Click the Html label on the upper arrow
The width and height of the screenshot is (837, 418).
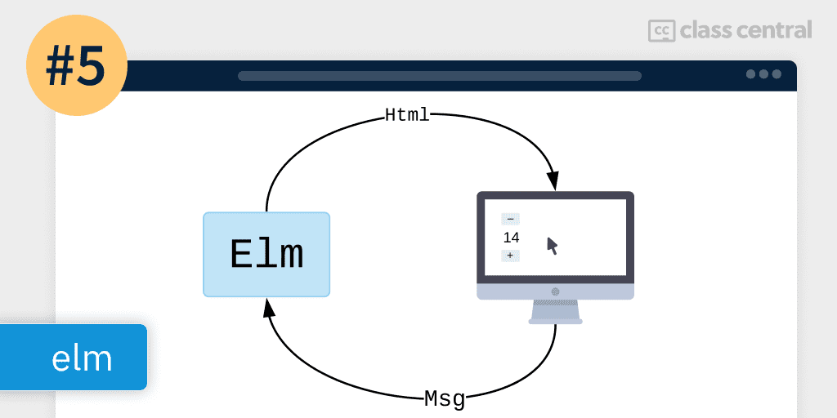pyautogui.click(x=407, y=115)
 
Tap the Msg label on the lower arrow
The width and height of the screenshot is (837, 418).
pyautogui.click(x=445, y=399)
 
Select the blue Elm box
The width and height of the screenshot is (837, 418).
pyautogui.click(x=266, y=255)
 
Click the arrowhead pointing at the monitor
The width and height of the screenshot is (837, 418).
pyautogui.click(x=553, y=181)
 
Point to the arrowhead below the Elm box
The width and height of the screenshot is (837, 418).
pyautogui.click(x=268, y=308)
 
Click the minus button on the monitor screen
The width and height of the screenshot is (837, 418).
pyautogui.click(x=510, y=219)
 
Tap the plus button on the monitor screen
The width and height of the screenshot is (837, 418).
pyautogui.click(x=510, y=256)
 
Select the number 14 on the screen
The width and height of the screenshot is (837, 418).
pyautogui.click(x=512, y=238)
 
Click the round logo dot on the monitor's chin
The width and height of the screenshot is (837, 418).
pyautogui.click(x=556, y=291)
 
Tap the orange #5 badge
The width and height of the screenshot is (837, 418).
pyautogui.click(x=77, y=68)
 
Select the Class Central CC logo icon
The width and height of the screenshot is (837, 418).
pyautogui.click(x=660, y=31)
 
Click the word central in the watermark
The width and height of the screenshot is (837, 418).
pyautogui.click(x=773, y=31)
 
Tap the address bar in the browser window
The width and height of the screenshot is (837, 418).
pyautogui.click(x=439, y=76)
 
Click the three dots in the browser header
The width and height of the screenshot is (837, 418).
pyautogui.click(x=763, y=74)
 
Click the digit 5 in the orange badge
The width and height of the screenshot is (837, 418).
pyautogui.click(x=92, y=69)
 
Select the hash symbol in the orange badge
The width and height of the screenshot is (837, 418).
pyautogui.click(x=60, y=69)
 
